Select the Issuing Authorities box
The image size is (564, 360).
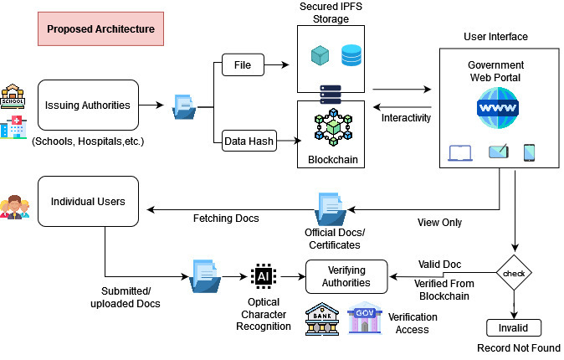[x=87, y=105]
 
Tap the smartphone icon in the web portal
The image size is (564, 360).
[x=529, y=152]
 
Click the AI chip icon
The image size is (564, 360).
[x=262, y=275]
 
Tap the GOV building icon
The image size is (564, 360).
[x=365, y=319]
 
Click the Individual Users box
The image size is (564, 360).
[x=87, y=200]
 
